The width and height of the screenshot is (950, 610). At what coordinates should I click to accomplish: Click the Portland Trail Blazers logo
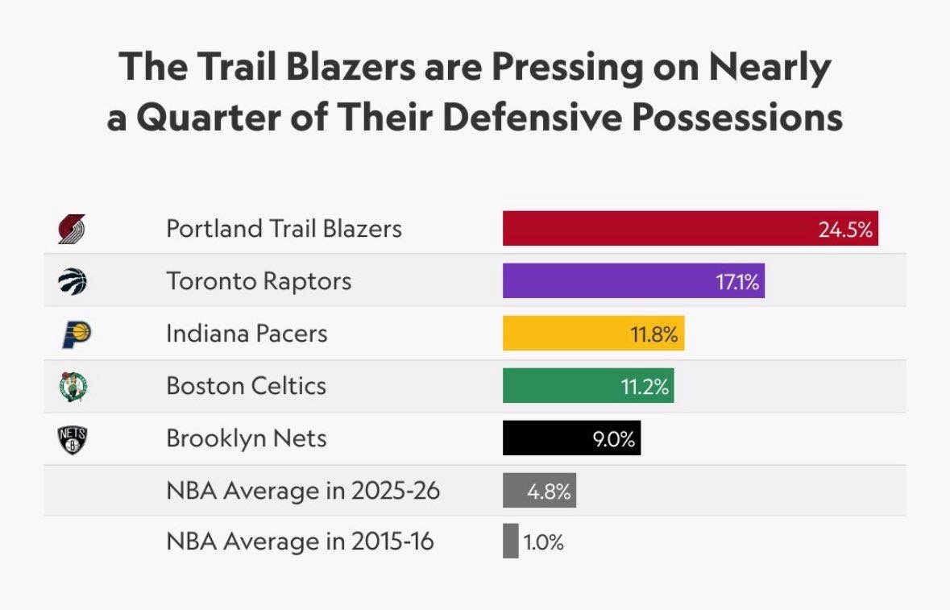(72, 229)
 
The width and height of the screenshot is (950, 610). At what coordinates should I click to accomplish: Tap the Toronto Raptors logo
(72, 281)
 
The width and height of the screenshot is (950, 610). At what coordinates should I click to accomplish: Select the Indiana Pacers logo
(73, 334)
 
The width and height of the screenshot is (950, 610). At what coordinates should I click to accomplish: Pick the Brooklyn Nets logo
(73, 439)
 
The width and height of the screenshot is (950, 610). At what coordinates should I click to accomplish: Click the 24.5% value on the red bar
(845, 230)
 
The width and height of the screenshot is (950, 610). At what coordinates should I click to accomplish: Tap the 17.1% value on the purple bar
(736, 282)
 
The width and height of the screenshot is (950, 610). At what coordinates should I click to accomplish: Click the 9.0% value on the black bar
(614, 440)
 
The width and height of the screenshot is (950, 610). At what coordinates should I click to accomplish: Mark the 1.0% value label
(544, 542)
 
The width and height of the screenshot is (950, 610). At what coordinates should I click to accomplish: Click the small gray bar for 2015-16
(511, 542)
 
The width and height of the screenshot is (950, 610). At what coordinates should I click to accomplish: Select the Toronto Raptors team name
(259, 281)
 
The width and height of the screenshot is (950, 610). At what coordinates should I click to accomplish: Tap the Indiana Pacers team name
(247, 334)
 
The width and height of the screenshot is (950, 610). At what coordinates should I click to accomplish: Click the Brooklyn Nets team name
(247, 439)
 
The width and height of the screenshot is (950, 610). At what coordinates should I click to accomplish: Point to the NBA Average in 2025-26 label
(303, 491)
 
